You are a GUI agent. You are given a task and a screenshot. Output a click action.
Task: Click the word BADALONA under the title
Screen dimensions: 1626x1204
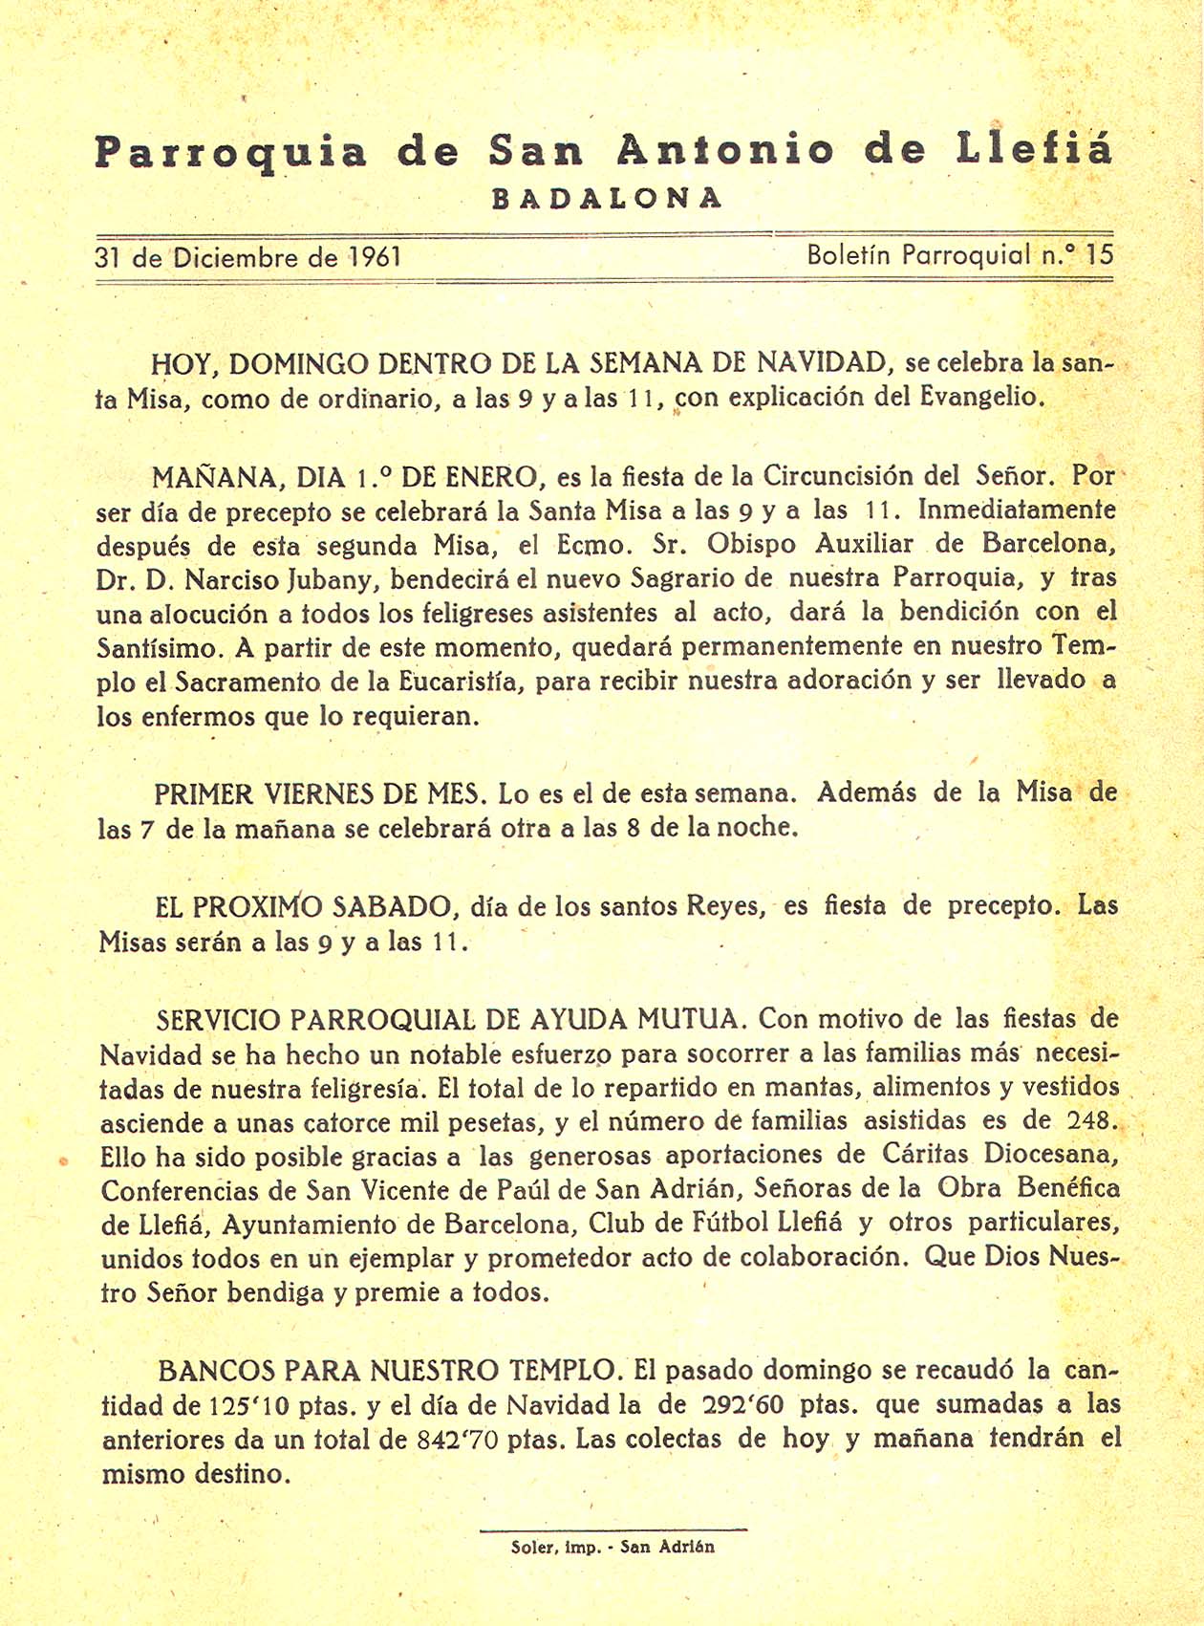[607, 198]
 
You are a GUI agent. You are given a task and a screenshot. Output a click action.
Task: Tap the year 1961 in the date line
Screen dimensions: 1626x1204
[375, 256]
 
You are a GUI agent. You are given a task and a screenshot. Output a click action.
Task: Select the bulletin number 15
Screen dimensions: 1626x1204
[1100, 254]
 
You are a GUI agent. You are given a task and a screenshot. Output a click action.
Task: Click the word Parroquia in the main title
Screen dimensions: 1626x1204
[230, 151]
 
